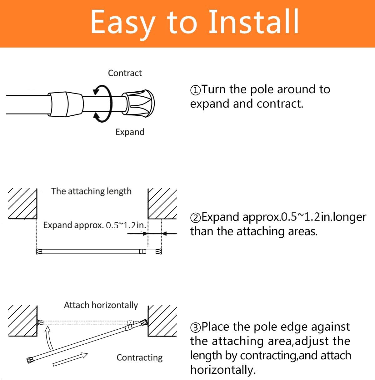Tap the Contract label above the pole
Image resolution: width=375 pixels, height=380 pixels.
point(125,73)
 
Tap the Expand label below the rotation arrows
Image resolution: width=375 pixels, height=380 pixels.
point(130,132)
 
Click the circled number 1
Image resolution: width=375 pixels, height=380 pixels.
point(195,90)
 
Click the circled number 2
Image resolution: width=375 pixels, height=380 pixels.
point(195,218)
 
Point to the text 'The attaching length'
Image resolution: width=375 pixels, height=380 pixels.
point(91,191)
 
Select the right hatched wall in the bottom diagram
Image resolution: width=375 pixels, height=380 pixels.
point(162,321)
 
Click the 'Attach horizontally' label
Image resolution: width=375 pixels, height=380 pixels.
point(101,305)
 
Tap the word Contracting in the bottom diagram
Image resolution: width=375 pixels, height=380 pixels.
point(139,357)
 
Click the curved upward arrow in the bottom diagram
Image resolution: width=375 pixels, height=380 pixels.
point(48,338)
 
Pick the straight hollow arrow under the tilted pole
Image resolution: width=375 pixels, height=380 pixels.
point(70,359)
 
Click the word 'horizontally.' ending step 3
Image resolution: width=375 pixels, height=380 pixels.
point(223,370)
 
